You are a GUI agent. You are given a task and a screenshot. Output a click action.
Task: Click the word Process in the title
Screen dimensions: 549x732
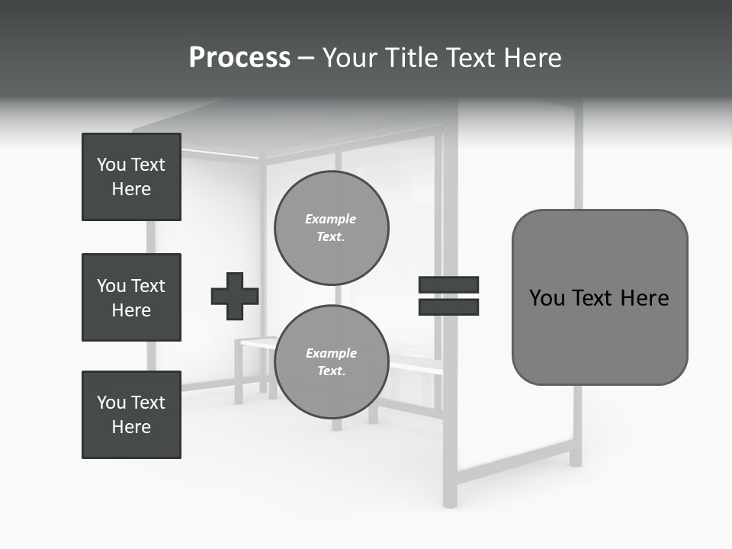pyautogui.click(x=239, y=58)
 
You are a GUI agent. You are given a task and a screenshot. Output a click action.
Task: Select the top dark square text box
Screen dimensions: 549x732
pyautogui.click(x=131, y=177)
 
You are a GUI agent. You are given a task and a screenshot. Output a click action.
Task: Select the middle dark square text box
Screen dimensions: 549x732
pyautogui.click(x=131, y=297)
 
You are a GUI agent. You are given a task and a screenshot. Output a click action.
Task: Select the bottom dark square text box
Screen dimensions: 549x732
pyautogui.click(x=131, y=415)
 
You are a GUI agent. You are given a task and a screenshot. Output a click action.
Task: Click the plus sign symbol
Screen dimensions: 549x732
pyautogui.click(x=235, y=297)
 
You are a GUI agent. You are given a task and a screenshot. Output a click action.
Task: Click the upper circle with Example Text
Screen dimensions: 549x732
pyautogui.click(x=332, y=228)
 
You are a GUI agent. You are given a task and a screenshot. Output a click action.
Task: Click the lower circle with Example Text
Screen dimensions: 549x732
pyautogui.click(x=332, y=362)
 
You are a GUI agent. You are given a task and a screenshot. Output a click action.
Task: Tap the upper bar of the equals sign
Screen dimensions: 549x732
pyautogui.click(x=448, y=285)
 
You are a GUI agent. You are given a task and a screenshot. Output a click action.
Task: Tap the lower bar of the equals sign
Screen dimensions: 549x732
pyautogui.click(x=448, y=307)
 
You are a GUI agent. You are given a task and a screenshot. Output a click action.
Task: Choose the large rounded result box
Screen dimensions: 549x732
pyautogui.click(x=599, y=297)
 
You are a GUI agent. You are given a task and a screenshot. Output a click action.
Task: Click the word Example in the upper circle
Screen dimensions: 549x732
pyautogui.click(x=331, y=219)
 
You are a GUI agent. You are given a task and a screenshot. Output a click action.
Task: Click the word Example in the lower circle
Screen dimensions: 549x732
pyautogui.click(x=331, y=353)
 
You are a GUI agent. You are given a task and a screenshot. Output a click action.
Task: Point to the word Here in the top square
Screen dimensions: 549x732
pyautogui.click(x=131, y=189)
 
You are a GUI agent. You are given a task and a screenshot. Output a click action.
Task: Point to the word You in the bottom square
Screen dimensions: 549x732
pyautogui.click(x=111, y=403)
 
